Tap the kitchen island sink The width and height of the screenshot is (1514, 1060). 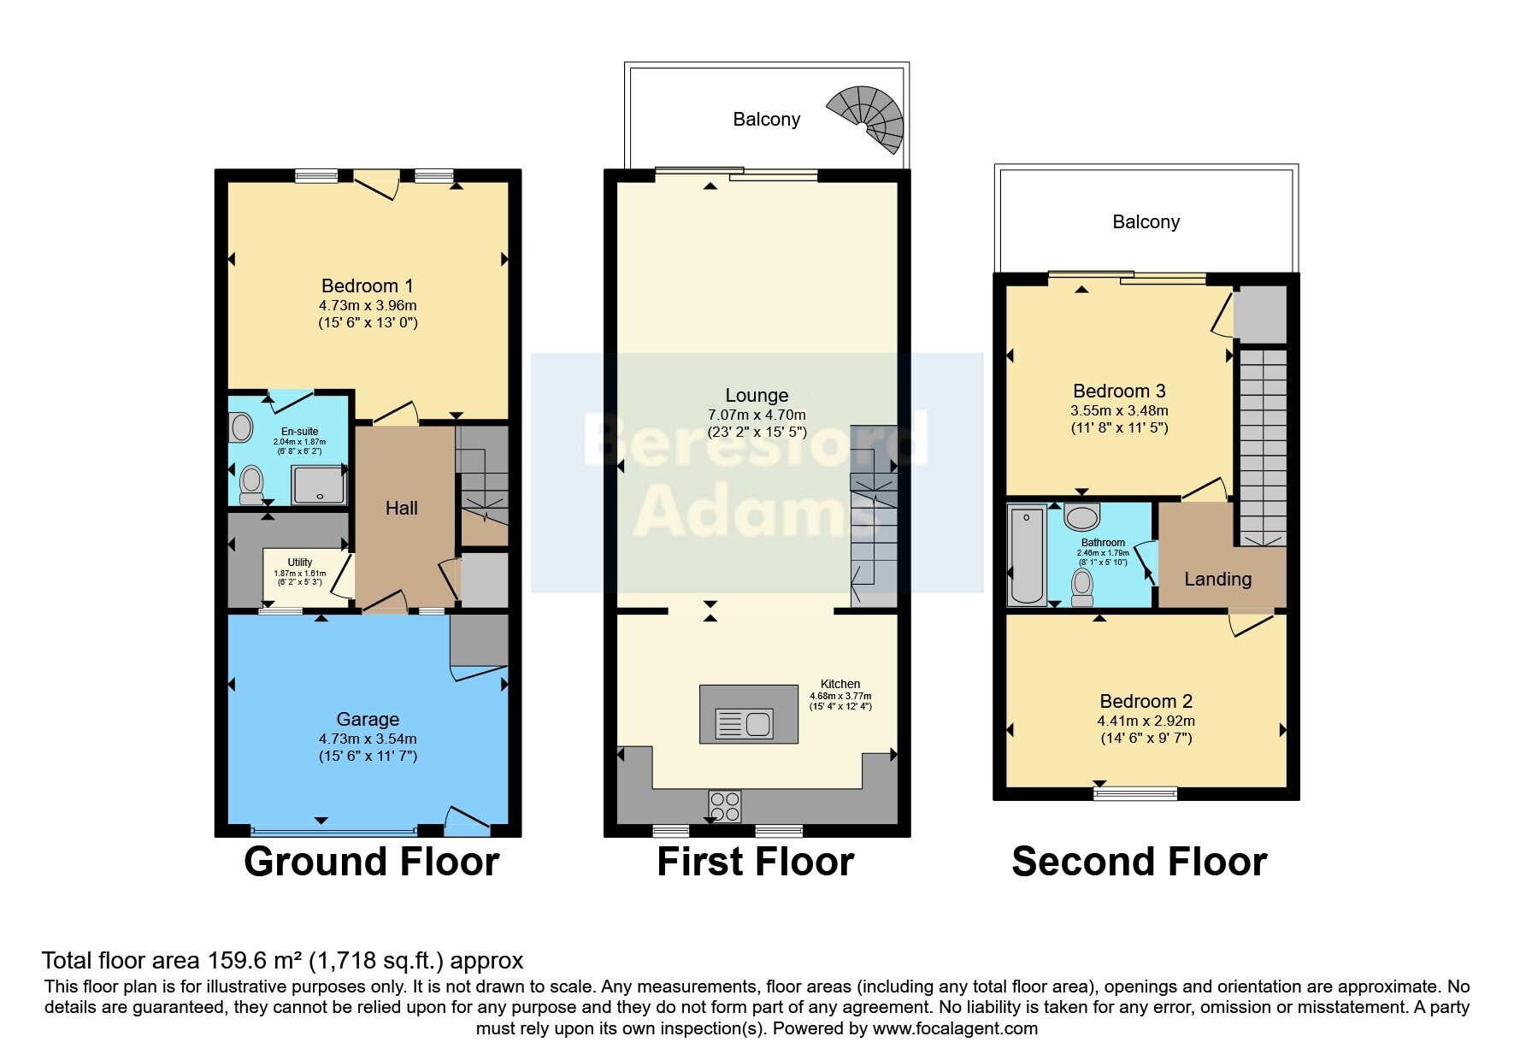click(x=745, y=723)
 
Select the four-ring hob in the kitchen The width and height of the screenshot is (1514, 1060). click(x=725, y=805)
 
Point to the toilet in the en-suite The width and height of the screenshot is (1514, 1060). click(x=251, y=484)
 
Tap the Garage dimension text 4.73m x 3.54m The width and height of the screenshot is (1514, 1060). click(x=368, y=739)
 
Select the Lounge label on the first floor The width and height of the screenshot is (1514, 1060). click(x=757, y=395)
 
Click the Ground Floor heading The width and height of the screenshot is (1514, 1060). click(x=371, y=861)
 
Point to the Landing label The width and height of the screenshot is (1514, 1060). click(x=1217, y=579)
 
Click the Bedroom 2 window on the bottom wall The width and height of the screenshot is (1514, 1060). click(x=1135, y=793)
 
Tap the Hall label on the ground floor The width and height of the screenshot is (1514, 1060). click(x=401, y=508)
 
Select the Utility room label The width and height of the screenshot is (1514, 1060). click(x=299, y=562)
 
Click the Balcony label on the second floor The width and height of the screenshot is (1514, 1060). click(x=1146, y=221)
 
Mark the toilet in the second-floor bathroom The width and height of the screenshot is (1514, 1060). click(x=1082, y=587)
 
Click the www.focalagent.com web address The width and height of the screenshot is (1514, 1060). click(x=955, y=1028)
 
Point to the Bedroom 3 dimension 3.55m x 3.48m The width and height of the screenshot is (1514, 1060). click(x=1119, y=410)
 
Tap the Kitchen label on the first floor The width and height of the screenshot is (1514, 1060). click(x=840, y=684)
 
